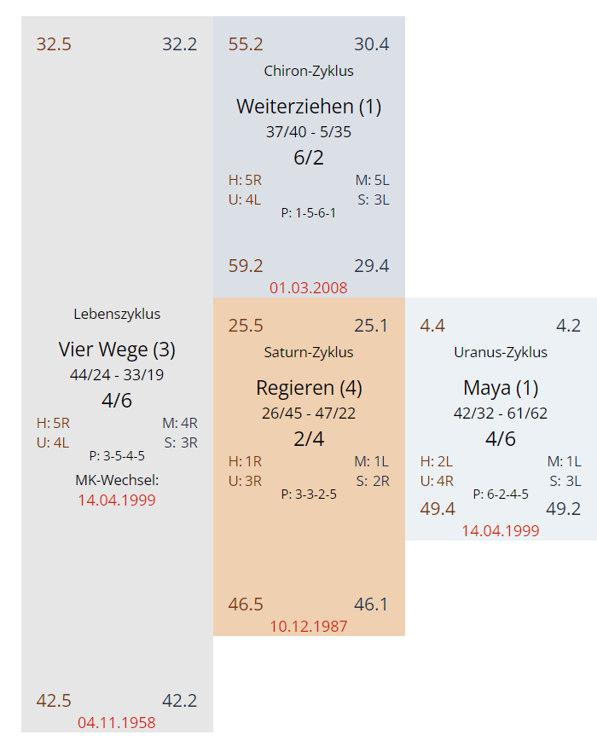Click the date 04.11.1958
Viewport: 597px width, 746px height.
click(117, 722)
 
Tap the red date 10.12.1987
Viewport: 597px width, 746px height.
click(309, 626)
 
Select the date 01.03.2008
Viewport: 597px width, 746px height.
click(309, 287)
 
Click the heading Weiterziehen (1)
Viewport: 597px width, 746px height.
click(309, 107)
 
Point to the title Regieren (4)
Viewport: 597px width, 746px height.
click(309, 388)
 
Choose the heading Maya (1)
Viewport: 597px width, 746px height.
click(501, 388)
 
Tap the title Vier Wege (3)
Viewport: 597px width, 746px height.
click(117, 350)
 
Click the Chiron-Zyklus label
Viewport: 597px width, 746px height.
click(309, 71)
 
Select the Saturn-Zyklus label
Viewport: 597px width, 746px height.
click(309, 352)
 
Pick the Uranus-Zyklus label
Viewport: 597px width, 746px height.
click(501, 352)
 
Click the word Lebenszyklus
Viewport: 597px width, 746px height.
click(117, 314)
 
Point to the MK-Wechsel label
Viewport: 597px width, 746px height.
click(117, 480)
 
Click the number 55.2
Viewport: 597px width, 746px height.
click(246, 44)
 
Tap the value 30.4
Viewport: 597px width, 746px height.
click(372, 44)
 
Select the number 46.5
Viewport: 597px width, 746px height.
click(246, 604)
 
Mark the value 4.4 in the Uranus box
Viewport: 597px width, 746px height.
click(432, 326)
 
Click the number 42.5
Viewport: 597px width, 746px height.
click(54, 701)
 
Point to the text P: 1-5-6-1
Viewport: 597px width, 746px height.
click(309, 212)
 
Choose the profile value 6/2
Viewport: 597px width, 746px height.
click(309, 158)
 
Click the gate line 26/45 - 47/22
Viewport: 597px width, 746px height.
click(309, 413)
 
